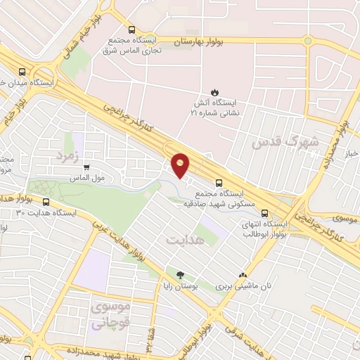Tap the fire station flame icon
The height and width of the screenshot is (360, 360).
point(214,92)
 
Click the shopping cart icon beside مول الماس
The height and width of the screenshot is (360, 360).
point(86,168)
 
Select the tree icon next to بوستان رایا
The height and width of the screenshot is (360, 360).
point(181,274)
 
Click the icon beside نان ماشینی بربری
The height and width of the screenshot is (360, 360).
point(243,275)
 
